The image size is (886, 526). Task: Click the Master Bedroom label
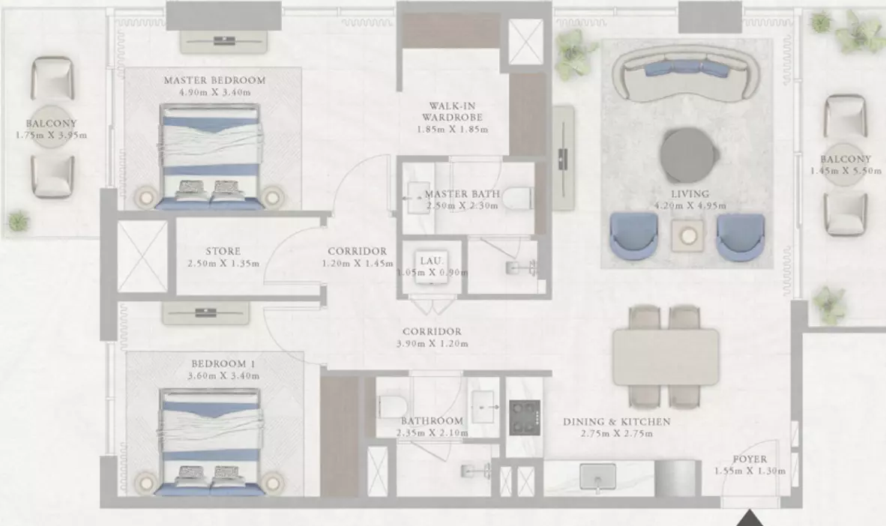click(x=214, y=80)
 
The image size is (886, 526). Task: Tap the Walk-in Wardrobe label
click(x=452, y=112)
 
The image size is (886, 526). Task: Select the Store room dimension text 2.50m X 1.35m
click(x=224, y=263)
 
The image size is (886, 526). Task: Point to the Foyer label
click(x=750, y=459)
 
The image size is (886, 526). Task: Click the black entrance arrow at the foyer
click(x=750, y=518)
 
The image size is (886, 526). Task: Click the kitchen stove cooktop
click(x=525, y=417)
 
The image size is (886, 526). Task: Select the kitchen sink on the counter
click(x=598, y=477)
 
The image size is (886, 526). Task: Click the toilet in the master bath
click(x=518, y=199)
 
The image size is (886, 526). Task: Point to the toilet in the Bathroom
click(x=391, y=406)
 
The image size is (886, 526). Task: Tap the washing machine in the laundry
click(x=432, y=267)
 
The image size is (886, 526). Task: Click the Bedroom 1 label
click(x=219, y=364)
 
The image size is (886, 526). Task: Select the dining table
click(x=666, y=357)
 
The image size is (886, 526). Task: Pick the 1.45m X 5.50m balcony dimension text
click(x=846, y=171)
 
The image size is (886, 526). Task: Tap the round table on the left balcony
click(x=52, y=127)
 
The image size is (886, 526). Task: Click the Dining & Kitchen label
click(x=616, y=422)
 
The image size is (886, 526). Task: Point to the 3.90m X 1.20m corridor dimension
click(x=433, y=343)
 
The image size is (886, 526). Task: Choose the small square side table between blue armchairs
click(x=687, y=235)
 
